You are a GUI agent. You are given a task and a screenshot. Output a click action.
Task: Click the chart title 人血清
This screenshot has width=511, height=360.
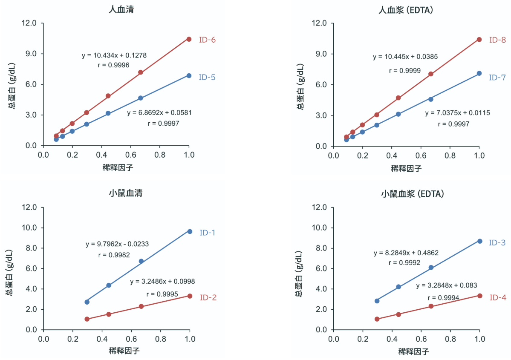(x=121, y=9)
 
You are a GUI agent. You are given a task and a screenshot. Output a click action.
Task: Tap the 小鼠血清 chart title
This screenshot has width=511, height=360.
(x=125, y=193)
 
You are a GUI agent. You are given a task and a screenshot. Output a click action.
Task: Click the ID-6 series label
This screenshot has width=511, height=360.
(x=207, y=40)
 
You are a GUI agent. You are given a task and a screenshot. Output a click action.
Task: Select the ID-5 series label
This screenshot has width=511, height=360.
(x=207, y=77)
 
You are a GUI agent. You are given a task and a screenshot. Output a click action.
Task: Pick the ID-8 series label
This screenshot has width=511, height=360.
(x=497, y=40)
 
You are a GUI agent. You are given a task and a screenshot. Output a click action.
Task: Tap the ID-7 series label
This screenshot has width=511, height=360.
(x=497, y=78)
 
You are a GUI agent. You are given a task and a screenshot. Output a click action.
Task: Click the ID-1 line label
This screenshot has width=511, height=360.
(x=208, y=233)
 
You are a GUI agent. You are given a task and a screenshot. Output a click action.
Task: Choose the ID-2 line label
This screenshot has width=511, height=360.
(x=208, y=297)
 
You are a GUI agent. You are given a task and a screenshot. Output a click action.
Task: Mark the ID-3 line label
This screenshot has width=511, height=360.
(x=497, y=242)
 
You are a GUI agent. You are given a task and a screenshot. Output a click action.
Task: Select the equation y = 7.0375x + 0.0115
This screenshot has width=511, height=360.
(x=457, y=113)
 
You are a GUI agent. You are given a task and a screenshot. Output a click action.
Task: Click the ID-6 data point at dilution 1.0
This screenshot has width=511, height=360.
(x=189, y=39)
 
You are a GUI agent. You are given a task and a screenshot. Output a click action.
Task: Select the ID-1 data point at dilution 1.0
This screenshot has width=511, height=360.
(x=190, y=231)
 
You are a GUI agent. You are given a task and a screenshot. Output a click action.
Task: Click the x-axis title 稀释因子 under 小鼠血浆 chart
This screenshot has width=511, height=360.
(x=413, y=351)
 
